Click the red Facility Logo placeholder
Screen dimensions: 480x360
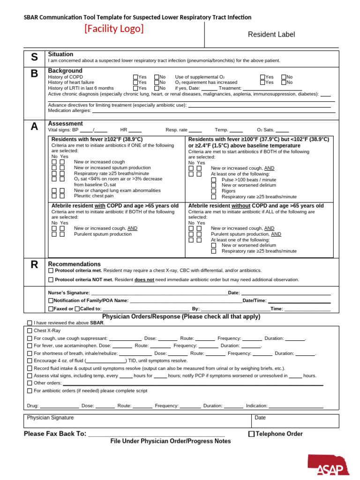coord(114,29)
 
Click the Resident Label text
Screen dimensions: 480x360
coord(271,34)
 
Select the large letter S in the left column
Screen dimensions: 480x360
coord(34,58)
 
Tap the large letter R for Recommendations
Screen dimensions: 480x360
coord(34,265)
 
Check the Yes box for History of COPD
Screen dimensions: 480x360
coord(135,77)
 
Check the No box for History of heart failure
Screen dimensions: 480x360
coord(157,82)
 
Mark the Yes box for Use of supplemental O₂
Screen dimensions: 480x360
coord(262,77)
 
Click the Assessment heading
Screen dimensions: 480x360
coord(69,124)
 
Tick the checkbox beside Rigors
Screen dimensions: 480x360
coord(214,191)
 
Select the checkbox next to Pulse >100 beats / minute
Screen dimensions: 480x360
coord(214,180)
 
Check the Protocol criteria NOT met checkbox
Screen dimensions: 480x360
coord(51,280)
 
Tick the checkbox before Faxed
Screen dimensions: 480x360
coord(51,309)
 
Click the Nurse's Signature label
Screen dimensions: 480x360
coord(68,293)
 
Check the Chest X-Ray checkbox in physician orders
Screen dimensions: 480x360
coord(30,331)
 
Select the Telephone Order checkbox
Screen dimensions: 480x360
coord(251,434)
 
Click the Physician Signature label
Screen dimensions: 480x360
coord(50,418)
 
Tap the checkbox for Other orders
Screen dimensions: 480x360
coord(30,383)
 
